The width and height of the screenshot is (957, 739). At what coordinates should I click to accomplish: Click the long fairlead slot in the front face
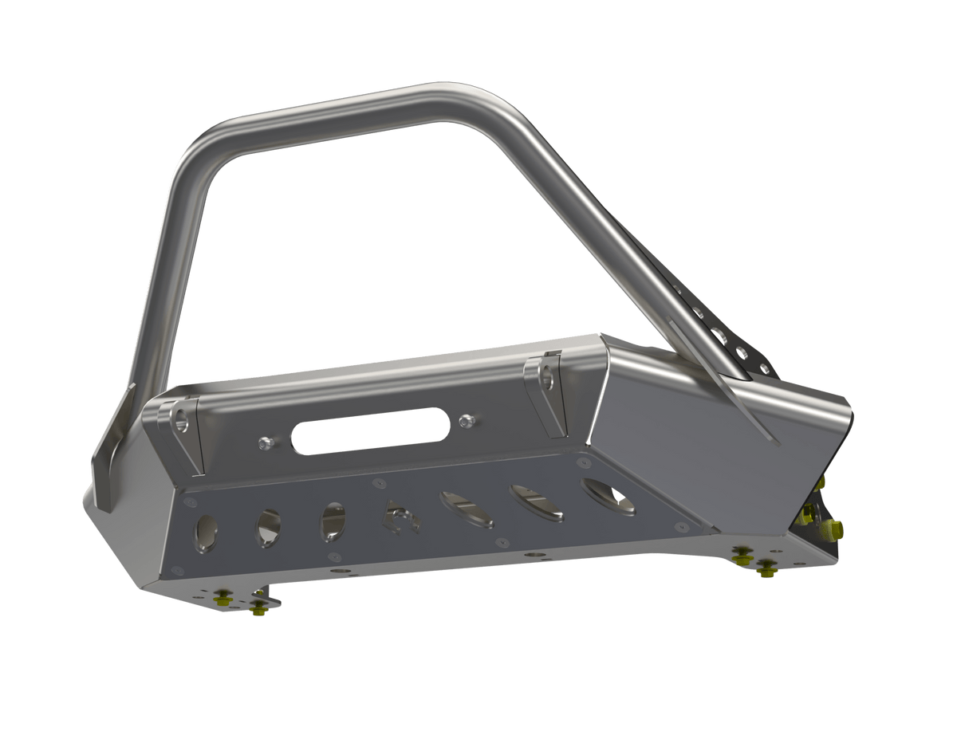click(370, 431)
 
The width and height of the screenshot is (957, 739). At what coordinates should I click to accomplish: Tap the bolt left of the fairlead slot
click(266, 442)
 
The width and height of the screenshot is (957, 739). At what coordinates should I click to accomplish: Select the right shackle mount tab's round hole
click(547, 379)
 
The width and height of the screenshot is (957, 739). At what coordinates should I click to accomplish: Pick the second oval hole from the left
click(268, 527)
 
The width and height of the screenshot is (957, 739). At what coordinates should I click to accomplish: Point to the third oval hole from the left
click(333, 521)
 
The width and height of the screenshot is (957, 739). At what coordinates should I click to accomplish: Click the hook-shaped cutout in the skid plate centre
click(401, 518)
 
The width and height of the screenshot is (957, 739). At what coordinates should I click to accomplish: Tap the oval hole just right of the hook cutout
click(466, 510)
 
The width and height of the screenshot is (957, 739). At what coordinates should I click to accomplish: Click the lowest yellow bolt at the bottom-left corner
click(258, 610)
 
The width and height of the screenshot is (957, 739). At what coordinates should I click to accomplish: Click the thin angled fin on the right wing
click(750, 407)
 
